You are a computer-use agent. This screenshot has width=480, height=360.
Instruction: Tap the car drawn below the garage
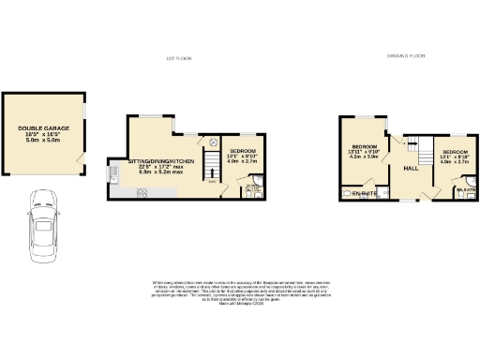click(x=43, y=228)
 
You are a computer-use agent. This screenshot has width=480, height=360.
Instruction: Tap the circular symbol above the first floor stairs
click(x=212, y=142)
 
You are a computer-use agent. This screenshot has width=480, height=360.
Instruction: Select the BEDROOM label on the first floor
click(x=243, y=150)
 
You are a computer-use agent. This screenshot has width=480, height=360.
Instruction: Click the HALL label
click(x=411, y=169)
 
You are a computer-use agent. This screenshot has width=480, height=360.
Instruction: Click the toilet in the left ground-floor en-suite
click(x=349, y=192)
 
